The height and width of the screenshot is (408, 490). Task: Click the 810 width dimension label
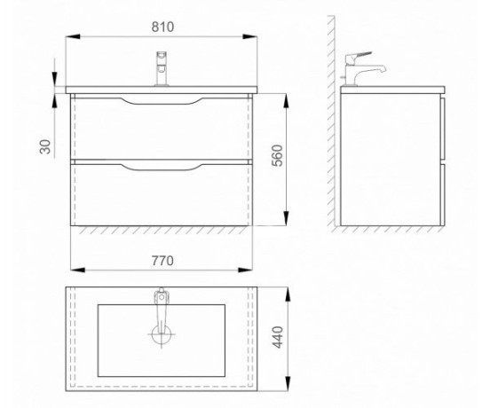162,27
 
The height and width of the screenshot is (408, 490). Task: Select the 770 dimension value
162,261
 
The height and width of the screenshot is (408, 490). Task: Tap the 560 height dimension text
277,155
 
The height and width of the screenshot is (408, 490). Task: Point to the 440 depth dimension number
278,337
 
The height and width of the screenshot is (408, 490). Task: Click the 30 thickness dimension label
45,146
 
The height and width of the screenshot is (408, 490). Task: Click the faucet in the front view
162,68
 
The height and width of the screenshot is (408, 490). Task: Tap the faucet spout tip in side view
383,70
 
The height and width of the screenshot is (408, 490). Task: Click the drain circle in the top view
162,334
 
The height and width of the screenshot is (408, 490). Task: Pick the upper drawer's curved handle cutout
162,102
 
